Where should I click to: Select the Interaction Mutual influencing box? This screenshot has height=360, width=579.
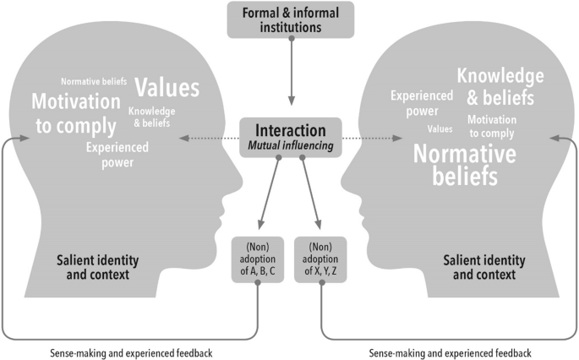[x=290, y=138]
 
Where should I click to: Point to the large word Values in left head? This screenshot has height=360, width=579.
[x=167, y=88]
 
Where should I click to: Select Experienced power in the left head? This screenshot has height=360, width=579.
[x=117, y=155]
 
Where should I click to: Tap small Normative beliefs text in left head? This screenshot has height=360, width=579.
[x=94, y=82]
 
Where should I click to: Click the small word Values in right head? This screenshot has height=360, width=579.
[x=440, y=129]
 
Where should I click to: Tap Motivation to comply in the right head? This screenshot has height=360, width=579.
[x=491, y=126]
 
